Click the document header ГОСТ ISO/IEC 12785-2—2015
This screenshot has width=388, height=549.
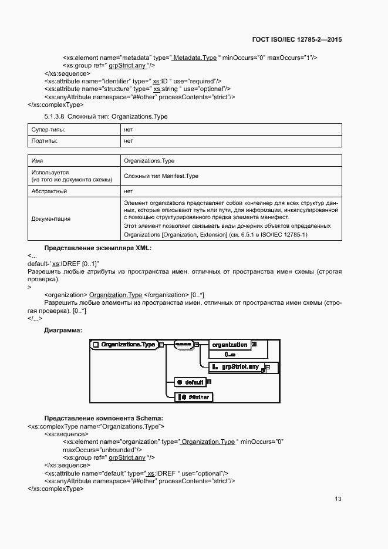click(x=297, y=40)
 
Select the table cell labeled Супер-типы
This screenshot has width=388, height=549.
click(x=48, y=129)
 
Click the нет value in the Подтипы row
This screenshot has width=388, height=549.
click(x=129, y=141)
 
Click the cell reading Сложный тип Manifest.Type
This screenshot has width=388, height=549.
click(x=161, y=176)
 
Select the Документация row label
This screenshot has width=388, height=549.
click(x=50, y=218)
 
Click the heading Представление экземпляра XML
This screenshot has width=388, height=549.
click(x=98, y=248)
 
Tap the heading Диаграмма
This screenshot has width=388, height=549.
click(x=63, y=330)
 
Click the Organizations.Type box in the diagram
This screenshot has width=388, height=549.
click(x=125, y=345)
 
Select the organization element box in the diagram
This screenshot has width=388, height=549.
click(x=230, y=345)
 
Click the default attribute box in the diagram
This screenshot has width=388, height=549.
click(x=191, y=382)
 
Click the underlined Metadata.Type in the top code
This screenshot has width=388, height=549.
click(x=195, y=58)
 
